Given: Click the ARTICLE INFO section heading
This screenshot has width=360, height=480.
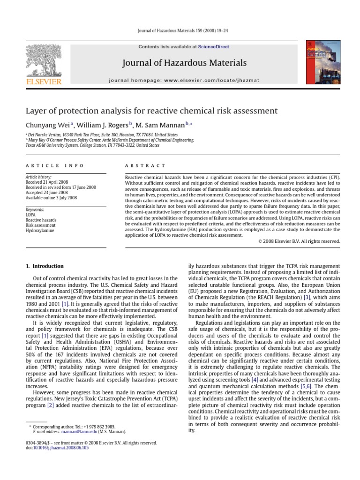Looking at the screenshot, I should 55,165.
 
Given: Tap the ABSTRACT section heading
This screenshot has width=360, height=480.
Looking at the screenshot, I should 145,165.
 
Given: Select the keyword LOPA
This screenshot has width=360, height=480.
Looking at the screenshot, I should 30,215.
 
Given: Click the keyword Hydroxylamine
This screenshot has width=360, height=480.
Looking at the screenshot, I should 40,231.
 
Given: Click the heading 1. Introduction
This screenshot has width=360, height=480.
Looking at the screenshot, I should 45,266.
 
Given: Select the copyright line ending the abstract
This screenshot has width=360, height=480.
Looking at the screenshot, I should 299,241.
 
